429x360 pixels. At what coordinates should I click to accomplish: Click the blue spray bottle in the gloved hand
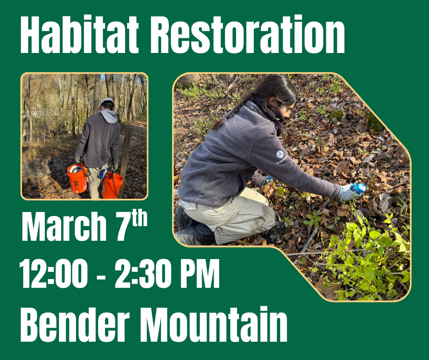tap(359, 188)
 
